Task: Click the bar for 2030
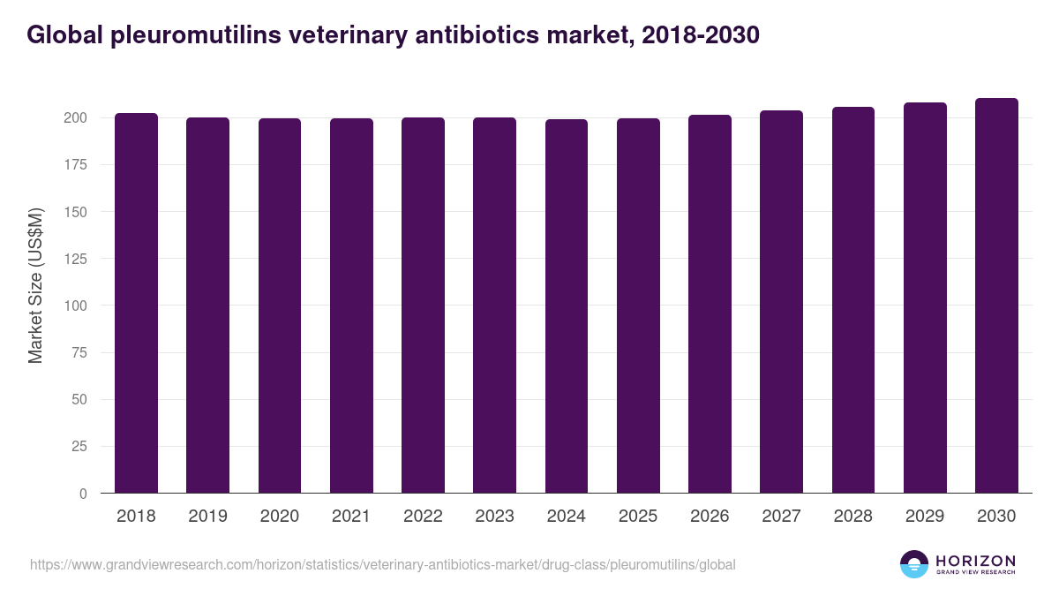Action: coord(996,296)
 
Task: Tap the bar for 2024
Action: coord(566,306)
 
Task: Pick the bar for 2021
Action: coord(351,306)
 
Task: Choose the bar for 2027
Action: coord(781,302)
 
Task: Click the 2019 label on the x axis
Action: coord(207,517)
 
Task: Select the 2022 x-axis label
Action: coord(423,517)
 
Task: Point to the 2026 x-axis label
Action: coord(710,517)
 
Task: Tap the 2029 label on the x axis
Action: coord(925,517)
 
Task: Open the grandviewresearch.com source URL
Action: coord(382,564)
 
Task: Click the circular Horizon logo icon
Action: coord(914,564)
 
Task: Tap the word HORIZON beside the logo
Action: coord(975,561)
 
